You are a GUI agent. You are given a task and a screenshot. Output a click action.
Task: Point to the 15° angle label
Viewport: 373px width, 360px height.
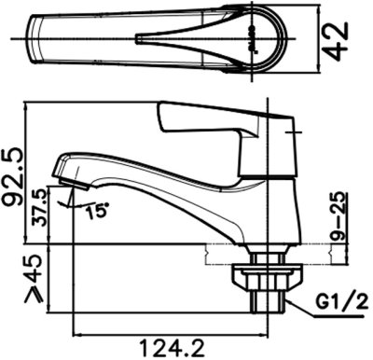point(93,210)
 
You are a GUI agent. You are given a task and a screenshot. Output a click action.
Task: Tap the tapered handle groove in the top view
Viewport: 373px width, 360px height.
point(186,39)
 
